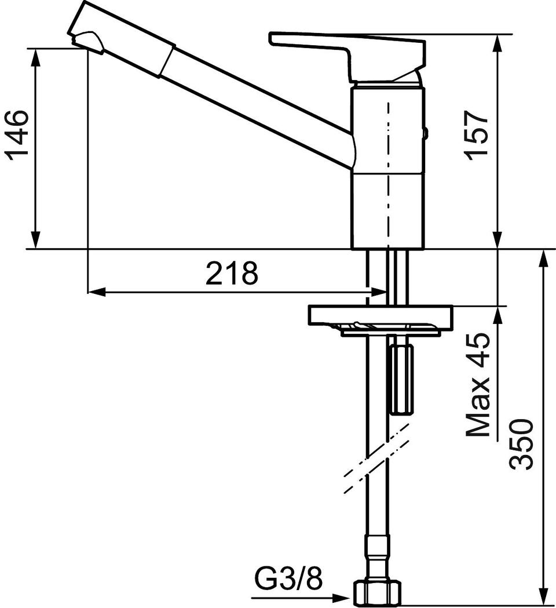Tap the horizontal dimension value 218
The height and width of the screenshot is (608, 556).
tap(231, 272)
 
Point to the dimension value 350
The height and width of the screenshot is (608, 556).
tap(521, 443)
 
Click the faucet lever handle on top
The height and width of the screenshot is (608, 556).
tap(349, 54)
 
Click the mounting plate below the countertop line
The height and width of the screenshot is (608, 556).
tap(380, 316)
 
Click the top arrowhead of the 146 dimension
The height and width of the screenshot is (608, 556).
tap(35, 57)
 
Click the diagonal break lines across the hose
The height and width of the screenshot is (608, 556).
tap(376, 458)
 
